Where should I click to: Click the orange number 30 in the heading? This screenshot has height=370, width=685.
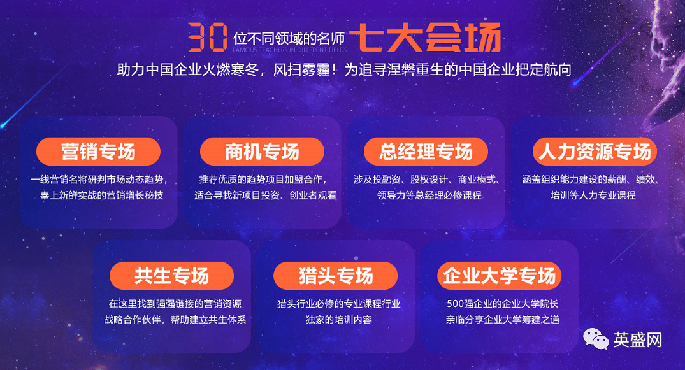[208, 37]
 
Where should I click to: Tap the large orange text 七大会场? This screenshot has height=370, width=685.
[425, 37]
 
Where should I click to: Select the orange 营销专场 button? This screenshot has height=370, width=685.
[98, 152]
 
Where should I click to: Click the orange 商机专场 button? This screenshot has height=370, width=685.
[262, 152]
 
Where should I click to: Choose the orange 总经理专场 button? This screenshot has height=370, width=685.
[426, 152]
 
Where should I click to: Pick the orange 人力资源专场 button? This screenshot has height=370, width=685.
[595, 152]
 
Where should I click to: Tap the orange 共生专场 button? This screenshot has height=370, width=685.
[171, 276]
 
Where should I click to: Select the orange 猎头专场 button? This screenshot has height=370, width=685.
[336, 276]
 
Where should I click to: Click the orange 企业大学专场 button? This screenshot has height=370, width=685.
[500, 276]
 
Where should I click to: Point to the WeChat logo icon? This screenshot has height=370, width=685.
[596, 339]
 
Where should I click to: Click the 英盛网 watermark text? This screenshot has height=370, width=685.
[638, 339]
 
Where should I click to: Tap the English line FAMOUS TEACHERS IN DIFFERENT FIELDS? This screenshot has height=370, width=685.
[290, 50]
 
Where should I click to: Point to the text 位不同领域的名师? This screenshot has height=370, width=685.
[289, 38]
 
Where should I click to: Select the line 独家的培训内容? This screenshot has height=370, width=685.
[338, 320]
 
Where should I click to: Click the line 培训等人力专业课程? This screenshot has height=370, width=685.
[593, 196]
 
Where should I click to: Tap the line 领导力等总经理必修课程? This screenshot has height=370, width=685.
[429, 196]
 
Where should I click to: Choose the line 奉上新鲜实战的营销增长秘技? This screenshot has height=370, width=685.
[101, 196]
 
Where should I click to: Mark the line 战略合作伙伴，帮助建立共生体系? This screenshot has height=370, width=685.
[175, 320]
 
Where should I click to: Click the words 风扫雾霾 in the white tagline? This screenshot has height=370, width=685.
[301, 70]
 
